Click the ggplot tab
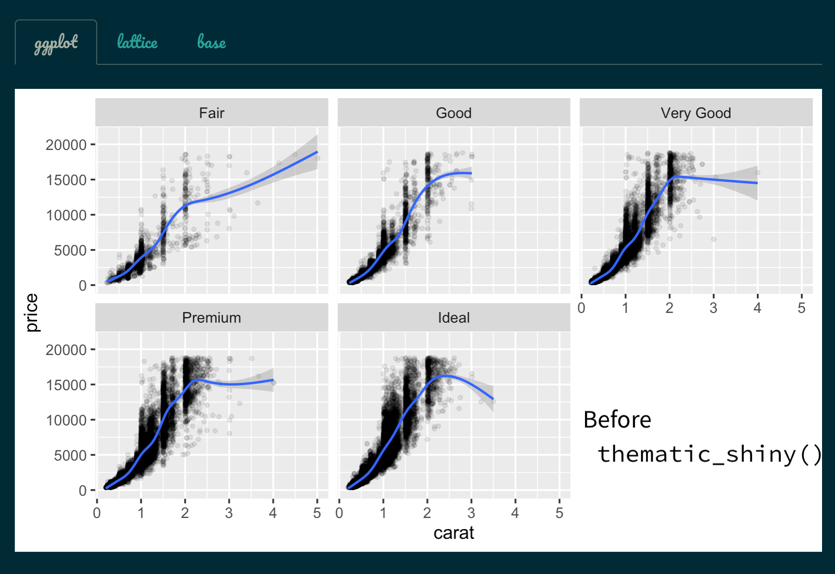[x=56, y=43]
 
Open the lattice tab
[x=137, y=42]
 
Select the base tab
[x=212, y=42]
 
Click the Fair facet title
[x=212, y=113]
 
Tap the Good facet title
[x=454, y=113]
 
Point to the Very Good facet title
[x=696, y=113]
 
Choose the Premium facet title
[x=212, y=318]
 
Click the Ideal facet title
[x=454, y=318]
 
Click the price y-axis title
[x=31, y=312]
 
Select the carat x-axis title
[x=454, y=533]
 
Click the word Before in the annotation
[x=617, y=420]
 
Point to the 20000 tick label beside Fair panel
[x=66, y=145]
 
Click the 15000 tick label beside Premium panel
[x=66, y=385]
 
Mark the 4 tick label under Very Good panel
[x=757, y=308]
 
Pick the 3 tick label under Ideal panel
[x=471, y=513]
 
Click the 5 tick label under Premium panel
[x=317, y=513]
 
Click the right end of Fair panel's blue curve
[x=317, y=152]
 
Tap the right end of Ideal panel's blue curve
[x=493, y=399]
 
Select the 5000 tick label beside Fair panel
[x=70, y=250]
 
